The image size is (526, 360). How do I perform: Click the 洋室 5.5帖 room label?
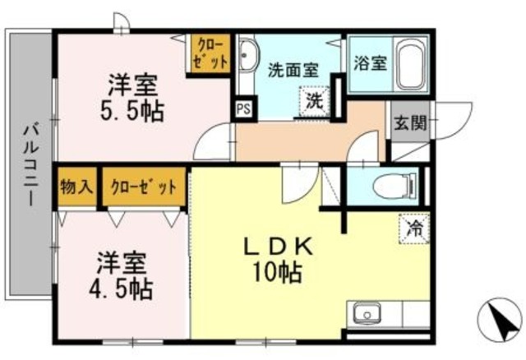135,98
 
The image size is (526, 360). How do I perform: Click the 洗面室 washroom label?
292,71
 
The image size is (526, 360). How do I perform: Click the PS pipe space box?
243,108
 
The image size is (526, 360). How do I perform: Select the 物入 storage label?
76,187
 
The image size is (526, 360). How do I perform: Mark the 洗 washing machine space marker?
315,102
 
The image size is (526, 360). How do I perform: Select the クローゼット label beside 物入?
143,187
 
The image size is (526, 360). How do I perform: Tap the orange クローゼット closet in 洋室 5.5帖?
209,54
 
